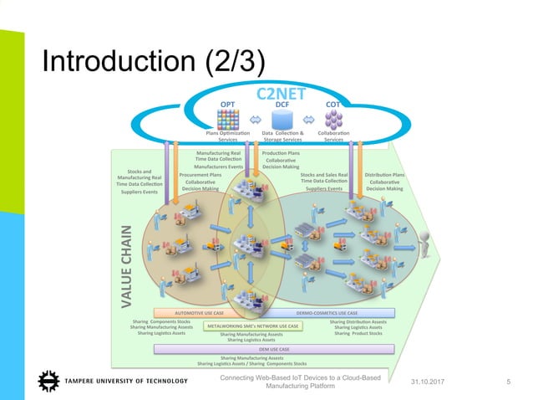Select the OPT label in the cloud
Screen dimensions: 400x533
pos(227,105)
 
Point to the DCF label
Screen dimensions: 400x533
pos(282,105)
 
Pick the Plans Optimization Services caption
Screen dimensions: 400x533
pos(227,136)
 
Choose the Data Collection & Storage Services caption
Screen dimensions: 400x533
pos(282,136)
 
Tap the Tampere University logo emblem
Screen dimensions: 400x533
pos(48,382)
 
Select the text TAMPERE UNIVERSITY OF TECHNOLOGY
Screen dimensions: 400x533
pos(129,382)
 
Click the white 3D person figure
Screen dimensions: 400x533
pos(429,244)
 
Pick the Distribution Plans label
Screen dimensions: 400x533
pos(384,175)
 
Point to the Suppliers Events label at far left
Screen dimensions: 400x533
pos(139,192)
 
